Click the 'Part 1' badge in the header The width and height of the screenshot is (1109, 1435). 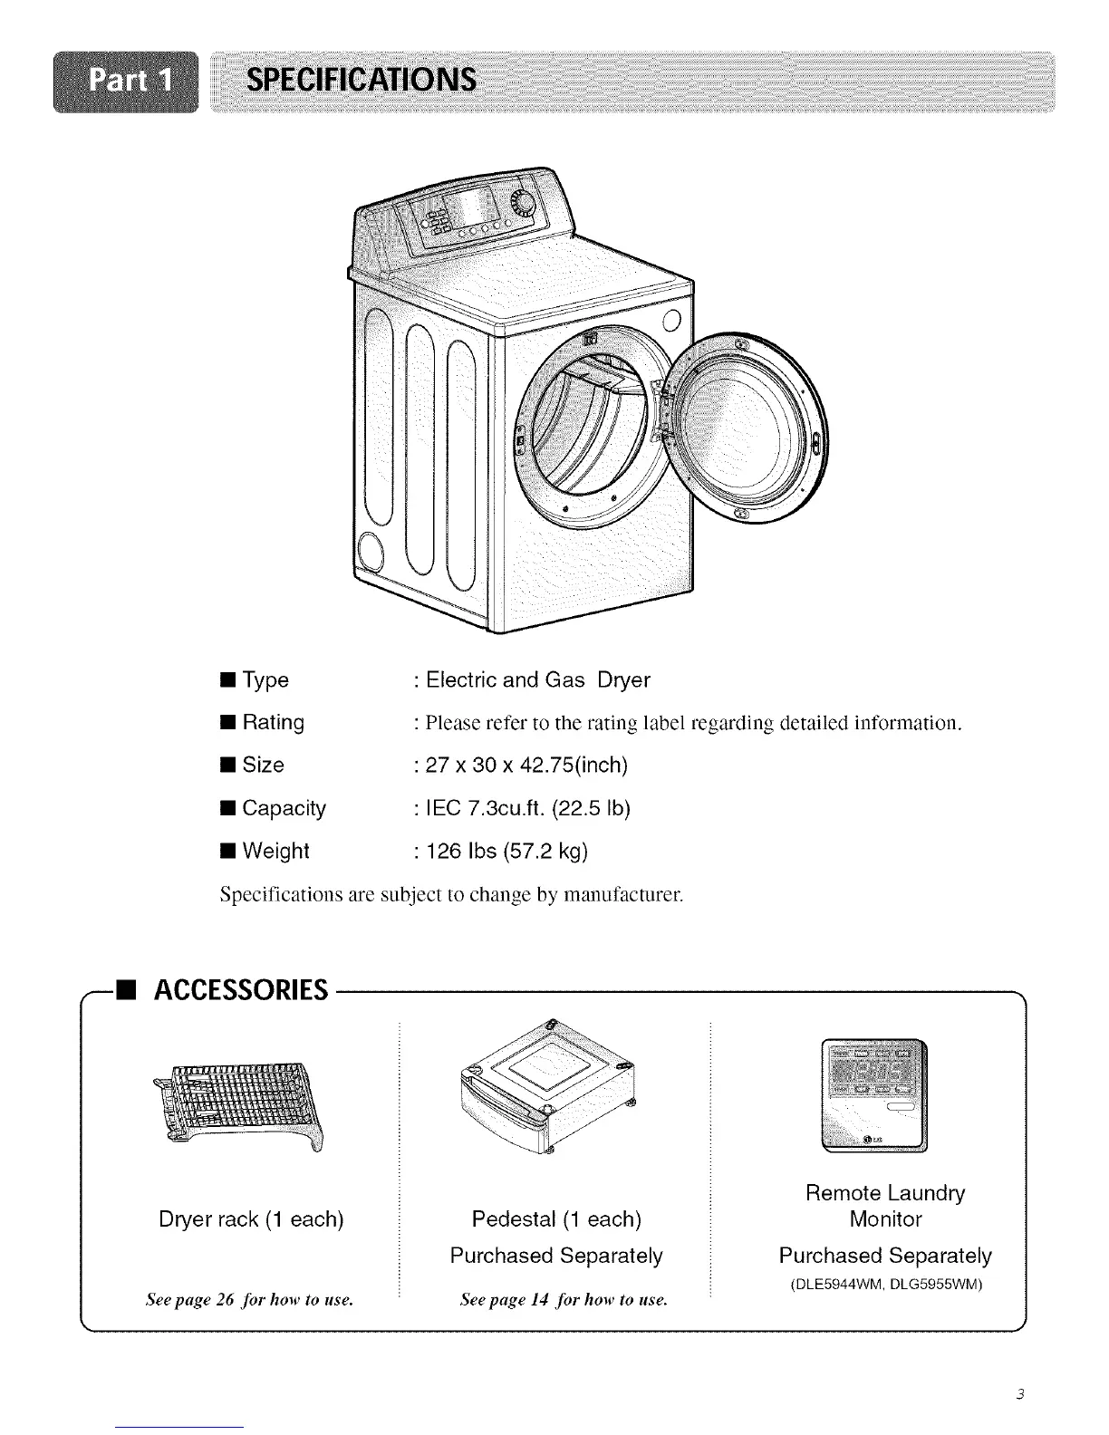tap(125, 82)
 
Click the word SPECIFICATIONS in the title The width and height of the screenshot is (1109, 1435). tap(362, 82)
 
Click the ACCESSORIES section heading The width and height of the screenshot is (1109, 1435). tap(240, 991)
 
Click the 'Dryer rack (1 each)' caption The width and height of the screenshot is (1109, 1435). tap(251, 1219)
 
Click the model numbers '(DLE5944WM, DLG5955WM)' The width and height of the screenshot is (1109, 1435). tap(886, 1285)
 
